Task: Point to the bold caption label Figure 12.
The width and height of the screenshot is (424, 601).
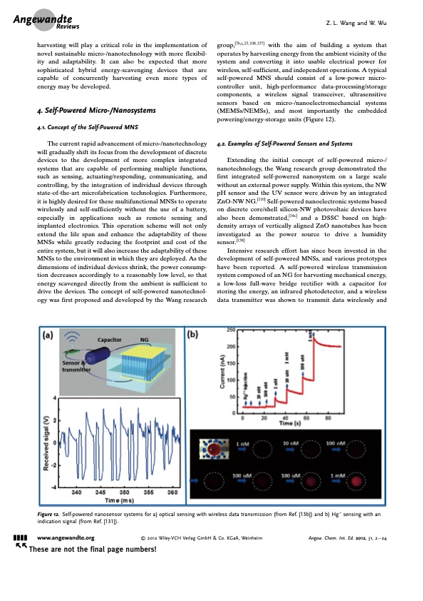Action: [48, 514]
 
